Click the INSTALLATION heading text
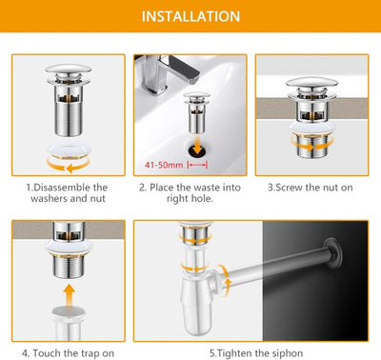tap(190, 16)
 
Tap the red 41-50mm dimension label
tap(164, 165)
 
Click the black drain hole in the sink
tap(197, 150)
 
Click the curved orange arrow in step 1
tap(69, 165)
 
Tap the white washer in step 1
tap(69, 150)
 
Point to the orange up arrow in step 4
tap(69, 295)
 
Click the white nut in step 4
tap(69, 247)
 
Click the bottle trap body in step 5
tap(194, 302)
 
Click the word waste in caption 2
tap(207, 188)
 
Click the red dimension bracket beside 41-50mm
tap(197, 165)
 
